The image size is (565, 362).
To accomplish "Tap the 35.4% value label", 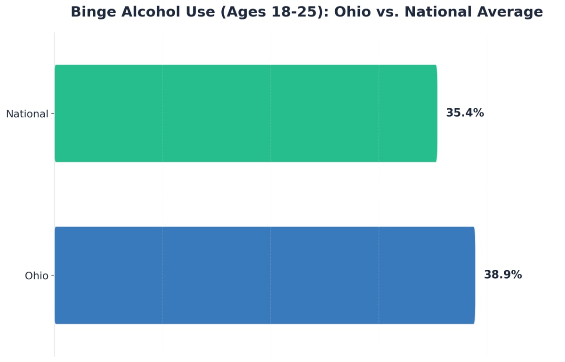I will tap(465, 113).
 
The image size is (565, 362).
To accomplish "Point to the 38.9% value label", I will tap(503, 275).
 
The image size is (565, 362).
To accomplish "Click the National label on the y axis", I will tap(27, 114).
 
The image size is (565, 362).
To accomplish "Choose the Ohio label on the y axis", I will tap(37, 276).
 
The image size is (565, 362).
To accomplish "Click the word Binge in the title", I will tap(93, 12).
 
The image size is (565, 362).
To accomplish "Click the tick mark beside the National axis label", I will tap(52, 113).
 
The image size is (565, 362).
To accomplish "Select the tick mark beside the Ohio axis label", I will tap(52, 275).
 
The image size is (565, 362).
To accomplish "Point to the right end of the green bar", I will tap(436, 113).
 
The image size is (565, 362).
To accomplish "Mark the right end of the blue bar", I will tap(474, 275).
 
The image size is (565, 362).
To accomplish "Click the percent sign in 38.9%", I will tap(516, 275).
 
